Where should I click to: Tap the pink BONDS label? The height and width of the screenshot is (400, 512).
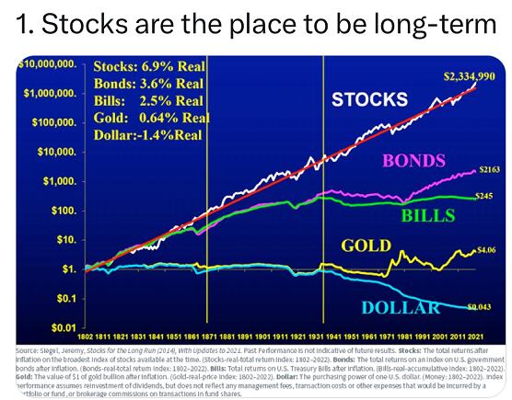click(413, 161)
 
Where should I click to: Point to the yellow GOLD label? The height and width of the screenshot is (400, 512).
click(367, 246)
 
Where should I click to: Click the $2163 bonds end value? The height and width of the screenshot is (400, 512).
click(488, 169)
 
